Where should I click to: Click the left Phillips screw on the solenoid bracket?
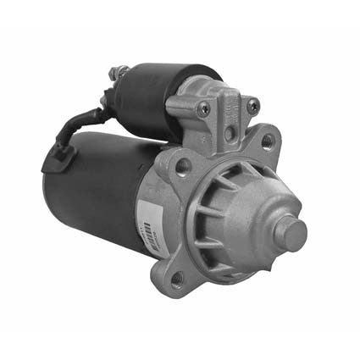(x=203, y=108)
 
